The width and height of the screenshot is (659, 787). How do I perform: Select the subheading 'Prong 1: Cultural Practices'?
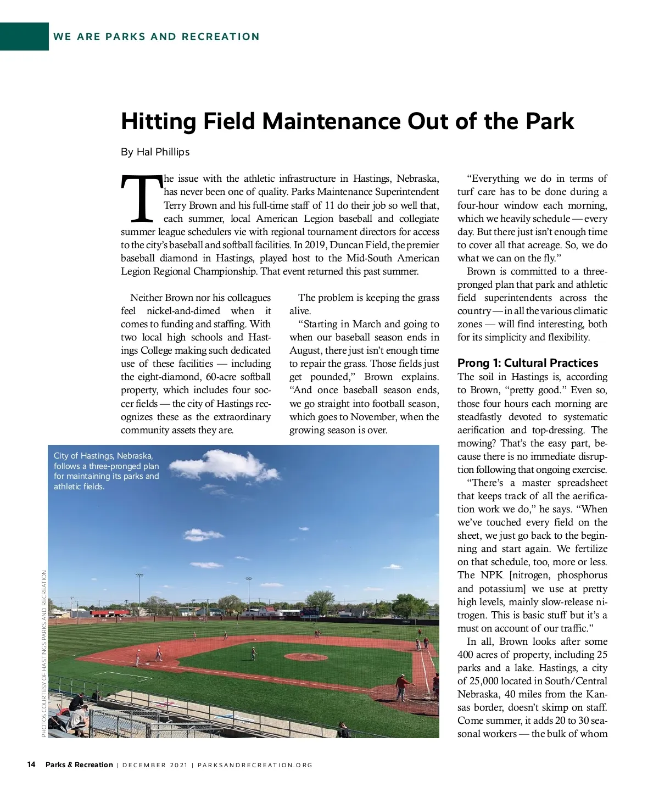tap(527, 363)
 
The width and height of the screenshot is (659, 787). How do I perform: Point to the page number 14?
tap(31, 764)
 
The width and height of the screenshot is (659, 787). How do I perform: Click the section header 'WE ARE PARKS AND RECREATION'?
tap(157, 37)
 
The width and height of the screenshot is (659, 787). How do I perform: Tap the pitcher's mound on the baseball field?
tap(306, 656)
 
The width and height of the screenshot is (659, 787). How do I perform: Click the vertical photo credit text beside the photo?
tap(44, 654)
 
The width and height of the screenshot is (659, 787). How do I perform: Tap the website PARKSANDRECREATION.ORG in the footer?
tap(255, 765)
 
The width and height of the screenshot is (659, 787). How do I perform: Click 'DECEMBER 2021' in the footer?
tap(155, 765)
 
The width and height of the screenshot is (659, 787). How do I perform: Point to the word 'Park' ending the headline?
tap(550, 121)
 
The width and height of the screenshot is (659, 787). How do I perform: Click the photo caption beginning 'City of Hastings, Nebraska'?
tap(106, 471)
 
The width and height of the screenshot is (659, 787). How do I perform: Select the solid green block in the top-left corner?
tap(24, 37)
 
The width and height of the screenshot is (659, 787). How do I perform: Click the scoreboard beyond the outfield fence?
tap(310, 611)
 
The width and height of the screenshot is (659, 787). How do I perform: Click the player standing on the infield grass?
tap(253, 653)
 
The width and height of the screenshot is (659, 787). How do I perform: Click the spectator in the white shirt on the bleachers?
tap(79, 716)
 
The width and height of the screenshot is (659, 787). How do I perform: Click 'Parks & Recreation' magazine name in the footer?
tap(79, 764)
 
